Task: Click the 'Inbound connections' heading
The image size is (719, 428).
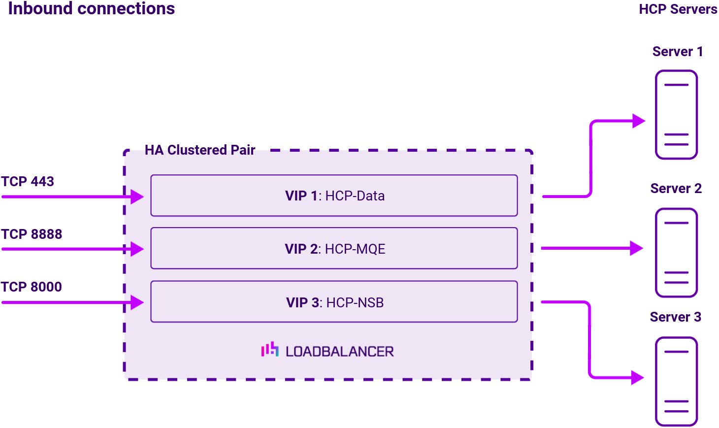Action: pyautogui.click(x=92, y=9)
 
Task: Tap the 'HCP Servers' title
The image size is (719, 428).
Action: pyautogui.click(x=678, y=9)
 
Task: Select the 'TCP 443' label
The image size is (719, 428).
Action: pyautogui.click(x=28, y=181)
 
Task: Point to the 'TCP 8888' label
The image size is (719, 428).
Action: pyautogui.click(x=32, y=234)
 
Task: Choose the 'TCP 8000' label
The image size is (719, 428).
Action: pyautogui.click(x=32, y=287)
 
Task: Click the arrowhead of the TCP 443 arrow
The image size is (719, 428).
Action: pyautogui.click(x=137, y=197)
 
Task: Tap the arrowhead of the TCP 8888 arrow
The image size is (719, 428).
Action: pyautogui.click(x=137, y=249)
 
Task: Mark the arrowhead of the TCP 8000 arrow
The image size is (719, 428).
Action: pyautogui.click(x=137, y=302)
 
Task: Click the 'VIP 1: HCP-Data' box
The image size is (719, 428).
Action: pyautogui.click(x=334, y=196)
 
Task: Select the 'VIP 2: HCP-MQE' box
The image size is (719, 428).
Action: pyautogui.click(x=334, y=248)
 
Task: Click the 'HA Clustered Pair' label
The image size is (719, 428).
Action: pyautogui.click(x=200, y=150)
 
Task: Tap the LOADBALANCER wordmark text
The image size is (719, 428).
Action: pyautogui.click(x=340, y=352)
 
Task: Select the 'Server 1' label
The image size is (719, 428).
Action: pyautogui.click(x=678, y=52)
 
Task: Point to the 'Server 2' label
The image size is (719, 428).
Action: pyautogui.click(x=676, y=189)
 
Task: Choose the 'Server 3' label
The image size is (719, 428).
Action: pyautogui.click(x=675, y=317)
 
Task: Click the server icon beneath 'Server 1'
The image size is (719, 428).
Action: pyautogui.click(x=676, y=114)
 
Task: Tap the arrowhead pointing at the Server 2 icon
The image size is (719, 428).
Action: pyautogui.click(x=637, y=248)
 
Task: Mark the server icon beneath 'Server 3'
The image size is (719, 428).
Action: pyautogui.click(x=676, y=381)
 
